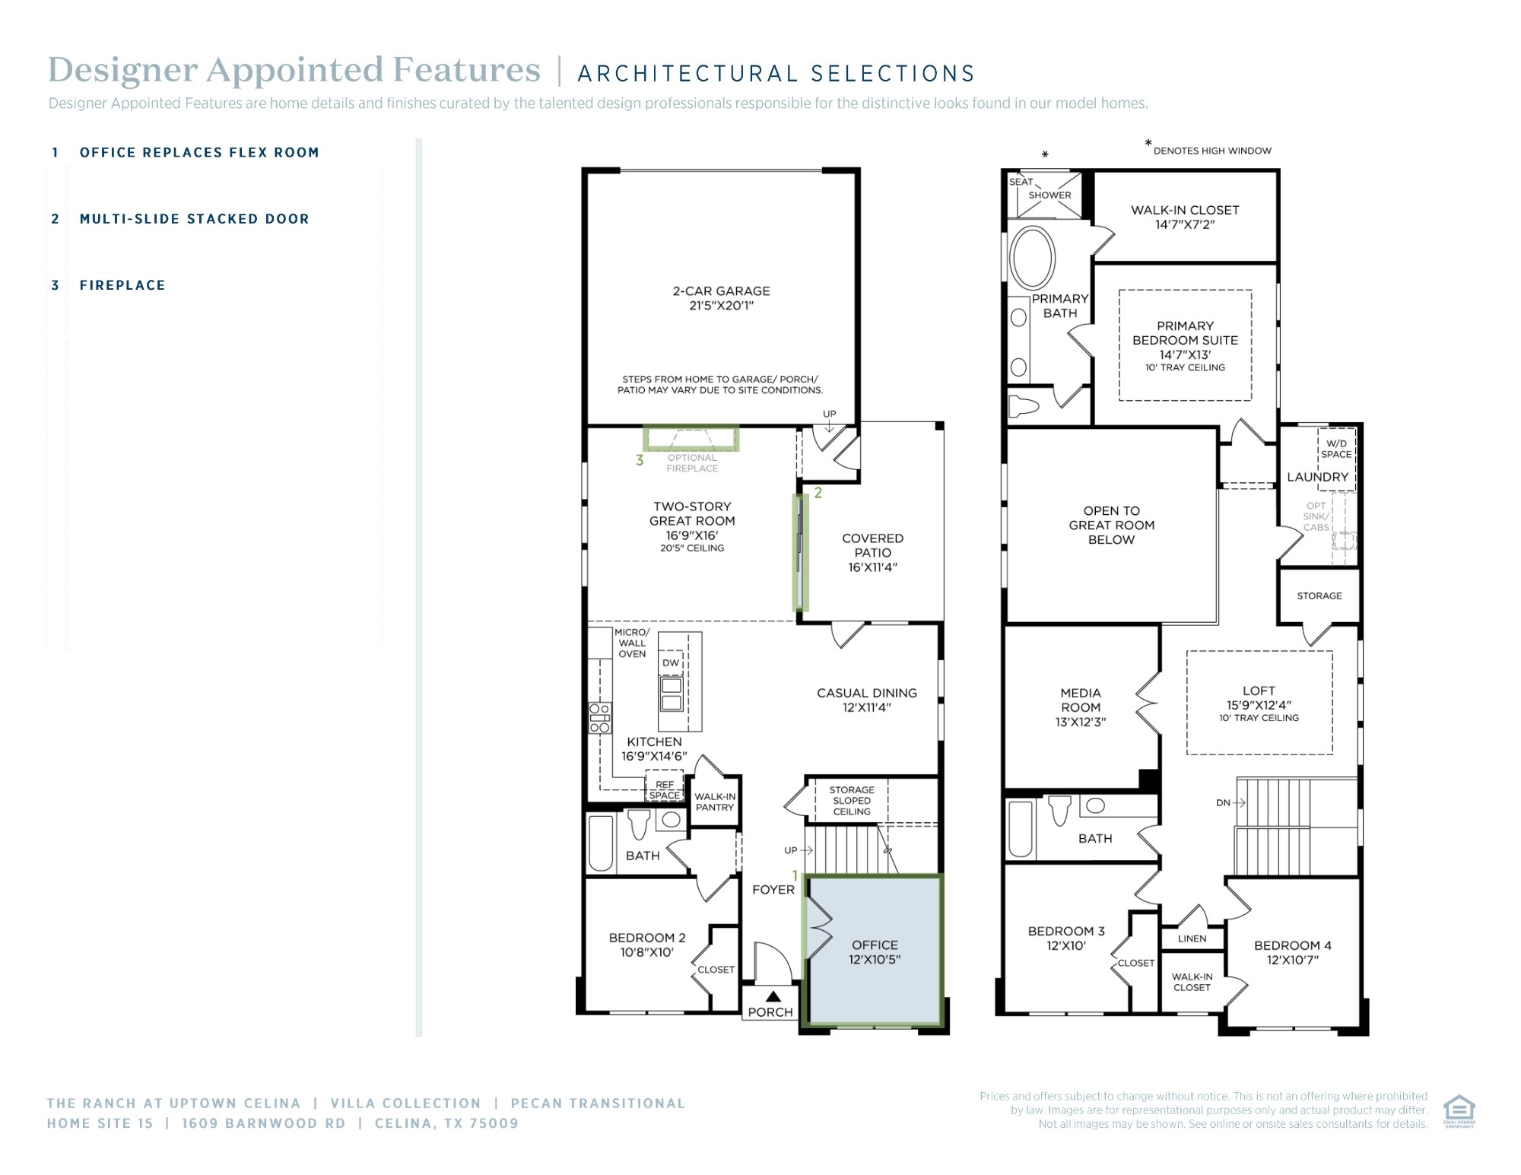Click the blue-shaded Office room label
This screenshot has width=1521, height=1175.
(875, 952)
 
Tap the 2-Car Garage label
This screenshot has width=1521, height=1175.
(721, 298)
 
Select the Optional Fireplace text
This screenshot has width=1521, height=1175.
(692, 463)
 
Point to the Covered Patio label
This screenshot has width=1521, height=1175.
(873, 552)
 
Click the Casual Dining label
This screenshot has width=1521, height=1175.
(867, 700)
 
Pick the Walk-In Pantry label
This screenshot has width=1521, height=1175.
(715, 802)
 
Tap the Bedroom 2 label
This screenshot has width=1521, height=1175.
(646, 945)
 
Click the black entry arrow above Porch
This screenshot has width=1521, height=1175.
(773, 996)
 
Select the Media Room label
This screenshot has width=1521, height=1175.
(1081, 707)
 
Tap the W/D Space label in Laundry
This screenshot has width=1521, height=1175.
(1336, 449)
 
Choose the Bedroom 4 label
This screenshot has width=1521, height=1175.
(1293, 952)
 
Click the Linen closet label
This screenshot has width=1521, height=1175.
(1192, 938)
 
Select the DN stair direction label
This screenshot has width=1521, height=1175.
(1223, 802)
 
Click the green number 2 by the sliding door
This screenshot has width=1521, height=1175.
(818, 493)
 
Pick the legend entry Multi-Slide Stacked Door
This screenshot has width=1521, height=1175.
(195, 219)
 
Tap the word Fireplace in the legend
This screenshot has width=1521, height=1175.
(122, 285)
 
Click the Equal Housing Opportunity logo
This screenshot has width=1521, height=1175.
(1459, 1111)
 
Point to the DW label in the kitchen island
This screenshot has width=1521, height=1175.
(670, 663)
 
